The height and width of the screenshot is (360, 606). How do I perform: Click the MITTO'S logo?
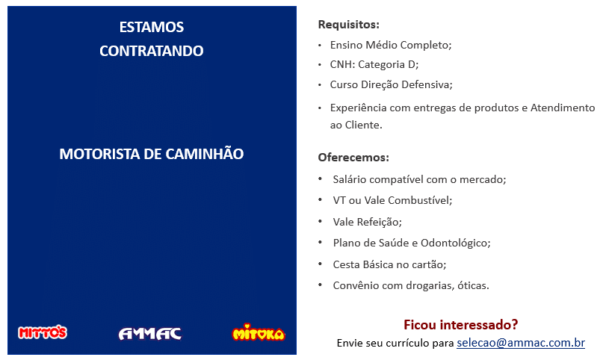43,332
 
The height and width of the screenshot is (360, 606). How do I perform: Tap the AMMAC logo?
150,334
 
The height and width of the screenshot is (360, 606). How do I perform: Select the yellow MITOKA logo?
259,332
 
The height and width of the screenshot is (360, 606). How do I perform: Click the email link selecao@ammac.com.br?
521,343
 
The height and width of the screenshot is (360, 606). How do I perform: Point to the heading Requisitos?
349,25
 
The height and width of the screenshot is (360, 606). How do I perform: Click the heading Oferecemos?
353,157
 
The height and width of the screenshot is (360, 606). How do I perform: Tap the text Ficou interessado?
461,324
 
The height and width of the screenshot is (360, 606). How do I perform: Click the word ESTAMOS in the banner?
152,27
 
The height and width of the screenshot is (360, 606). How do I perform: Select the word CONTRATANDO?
152,51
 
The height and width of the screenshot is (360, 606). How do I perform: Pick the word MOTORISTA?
99,154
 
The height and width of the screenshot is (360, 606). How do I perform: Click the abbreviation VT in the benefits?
339,200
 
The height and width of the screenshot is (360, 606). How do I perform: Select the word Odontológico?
454,243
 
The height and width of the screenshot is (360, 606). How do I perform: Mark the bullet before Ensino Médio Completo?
320,46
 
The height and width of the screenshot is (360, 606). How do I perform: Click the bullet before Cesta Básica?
320,264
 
